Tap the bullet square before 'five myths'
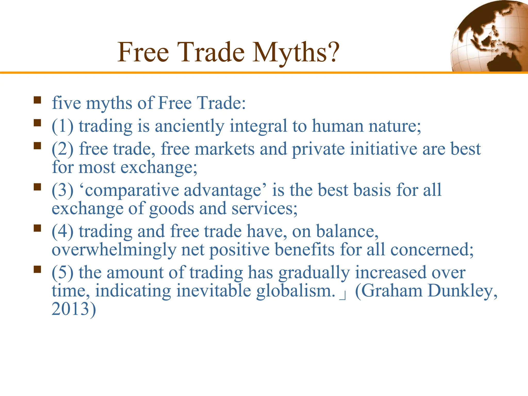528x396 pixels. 37,100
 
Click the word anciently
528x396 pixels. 189,126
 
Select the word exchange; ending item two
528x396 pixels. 159,167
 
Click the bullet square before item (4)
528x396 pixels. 37,228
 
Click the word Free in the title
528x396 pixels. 143,52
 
